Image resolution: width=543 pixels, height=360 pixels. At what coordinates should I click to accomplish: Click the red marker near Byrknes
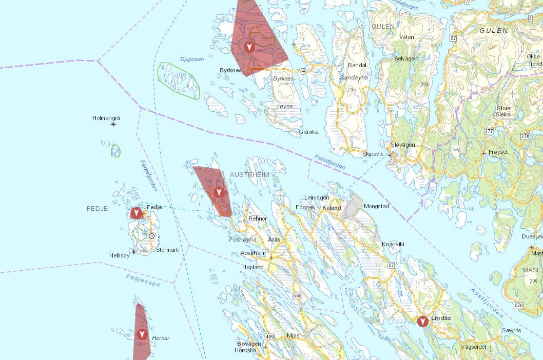[249, 47]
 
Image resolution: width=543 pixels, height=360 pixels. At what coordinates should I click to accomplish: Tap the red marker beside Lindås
[422, 322]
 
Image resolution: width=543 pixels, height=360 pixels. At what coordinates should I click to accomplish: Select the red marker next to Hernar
[142, 335]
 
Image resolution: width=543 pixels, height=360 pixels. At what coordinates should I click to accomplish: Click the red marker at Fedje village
[136, 212]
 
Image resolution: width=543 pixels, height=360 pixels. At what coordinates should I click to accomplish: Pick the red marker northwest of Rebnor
[219, 192]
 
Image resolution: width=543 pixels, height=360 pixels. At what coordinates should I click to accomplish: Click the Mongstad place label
[376, 207]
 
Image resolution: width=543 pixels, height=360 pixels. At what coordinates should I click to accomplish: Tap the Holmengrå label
[106, 118]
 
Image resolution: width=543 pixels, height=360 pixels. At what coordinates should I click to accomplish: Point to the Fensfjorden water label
[329, 163]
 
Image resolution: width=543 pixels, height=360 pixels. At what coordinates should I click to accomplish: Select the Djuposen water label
[192, 59]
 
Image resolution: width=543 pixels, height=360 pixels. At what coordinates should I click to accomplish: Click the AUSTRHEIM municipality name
[249, 175]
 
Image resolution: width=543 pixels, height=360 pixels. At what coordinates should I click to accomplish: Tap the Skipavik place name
[373, 154]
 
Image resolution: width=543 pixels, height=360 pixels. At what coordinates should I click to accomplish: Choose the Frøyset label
[498, 152]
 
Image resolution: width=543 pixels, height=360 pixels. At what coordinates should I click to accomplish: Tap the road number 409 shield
[270, 336]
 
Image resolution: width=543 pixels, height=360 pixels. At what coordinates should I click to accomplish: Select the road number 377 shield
[488, 131]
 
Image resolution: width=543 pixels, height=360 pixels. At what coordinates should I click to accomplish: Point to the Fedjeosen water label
[143, 281]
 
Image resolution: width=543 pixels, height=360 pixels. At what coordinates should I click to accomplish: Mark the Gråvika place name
[308, 132]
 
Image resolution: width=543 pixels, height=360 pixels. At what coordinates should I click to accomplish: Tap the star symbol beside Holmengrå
[113, 125]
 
